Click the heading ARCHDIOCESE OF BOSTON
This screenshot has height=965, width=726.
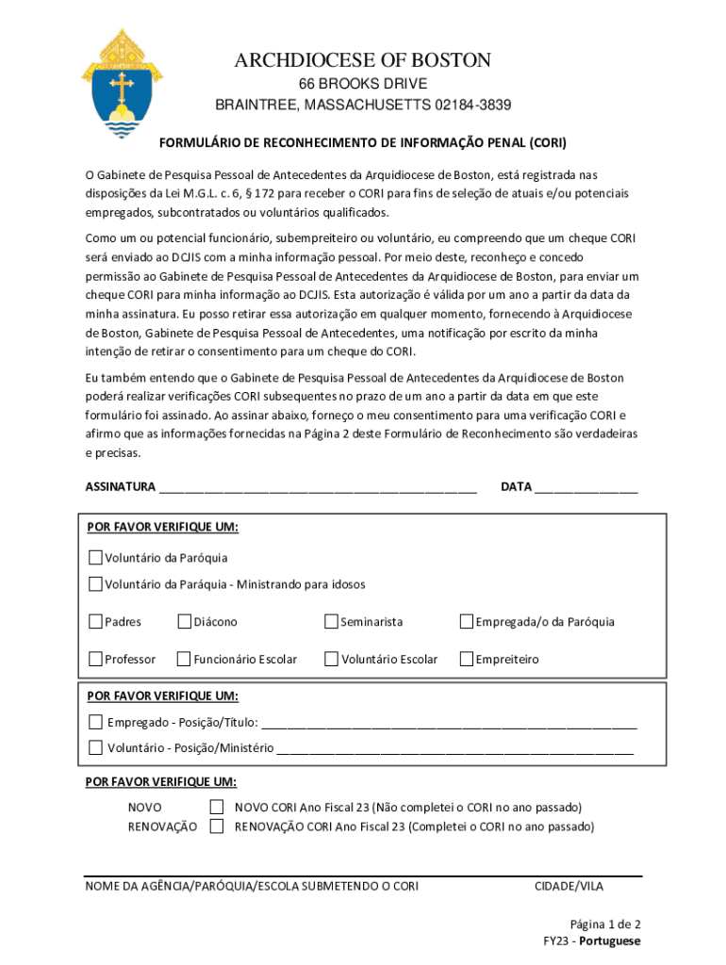(x=363, y=61)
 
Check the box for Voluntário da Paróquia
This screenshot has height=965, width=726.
(x=95, y=558)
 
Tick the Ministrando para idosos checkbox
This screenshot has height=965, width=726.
(x=95, y=584)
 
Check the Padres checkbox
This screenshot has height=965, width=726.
(x=95, y=622)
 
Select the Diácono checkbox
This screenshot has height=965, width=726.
(x=184, y=622)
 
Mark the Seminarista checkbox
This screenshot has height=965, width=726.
(x=331, y=622)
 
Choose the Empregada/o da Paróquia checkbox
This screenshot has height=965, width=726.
(x=466, y=622)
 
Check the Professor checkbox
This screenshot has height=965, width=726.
(x=95, y=660)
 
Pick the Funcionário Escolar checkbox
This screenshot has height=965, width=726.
(x=184, y=660)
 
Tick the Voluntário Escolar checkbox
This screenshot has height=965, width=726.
(x=331, y=660)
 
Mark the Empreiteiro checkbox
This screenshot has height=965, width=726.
(x=466, y=660)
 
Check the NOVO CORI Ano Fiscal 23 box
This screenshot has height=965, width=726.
(x=217, y=808)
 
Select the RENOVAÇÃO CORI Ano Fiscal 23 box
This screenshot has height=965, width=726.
(x=217, y=826)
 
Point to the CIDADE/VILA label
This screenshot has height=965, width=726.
(x=569, y=886)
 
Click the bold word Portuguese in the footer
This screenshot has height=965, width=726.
(x=610, y=941)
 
